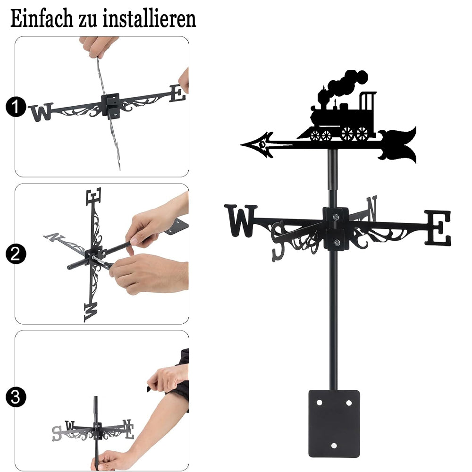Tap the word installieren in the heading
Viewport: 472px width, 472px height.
[x=150, y=18]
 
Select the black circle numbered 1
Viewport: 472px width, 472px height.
[x=16, y=107]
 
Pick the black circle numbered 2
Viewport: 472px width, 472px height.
[x=16, y=254]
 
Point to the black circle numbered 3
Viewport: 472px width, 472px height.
[x=16, y=397]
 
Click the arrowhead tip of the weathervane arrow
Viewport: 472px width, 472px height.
[x=241, y=145]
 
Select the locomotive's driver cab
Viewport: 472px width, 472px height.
[x=368, y=111]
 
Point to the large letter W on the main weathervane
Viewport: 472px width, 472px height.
[x=241, y=220]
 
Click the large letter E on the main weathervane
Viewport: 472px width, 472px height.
[x=438, y=228]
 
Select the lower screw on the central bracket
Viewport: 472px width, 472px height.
[x=337, y=242]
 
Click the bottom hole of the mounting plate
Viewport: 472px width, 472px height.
[x=334, y=446]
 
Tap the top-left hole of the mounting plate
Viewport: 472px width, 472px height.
[x=319, y=403]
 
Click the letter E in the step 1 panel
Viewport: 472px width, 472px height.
[x=177, y=93]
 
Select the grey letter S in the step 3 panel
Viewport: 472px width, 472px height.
[x=57, y=433]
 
